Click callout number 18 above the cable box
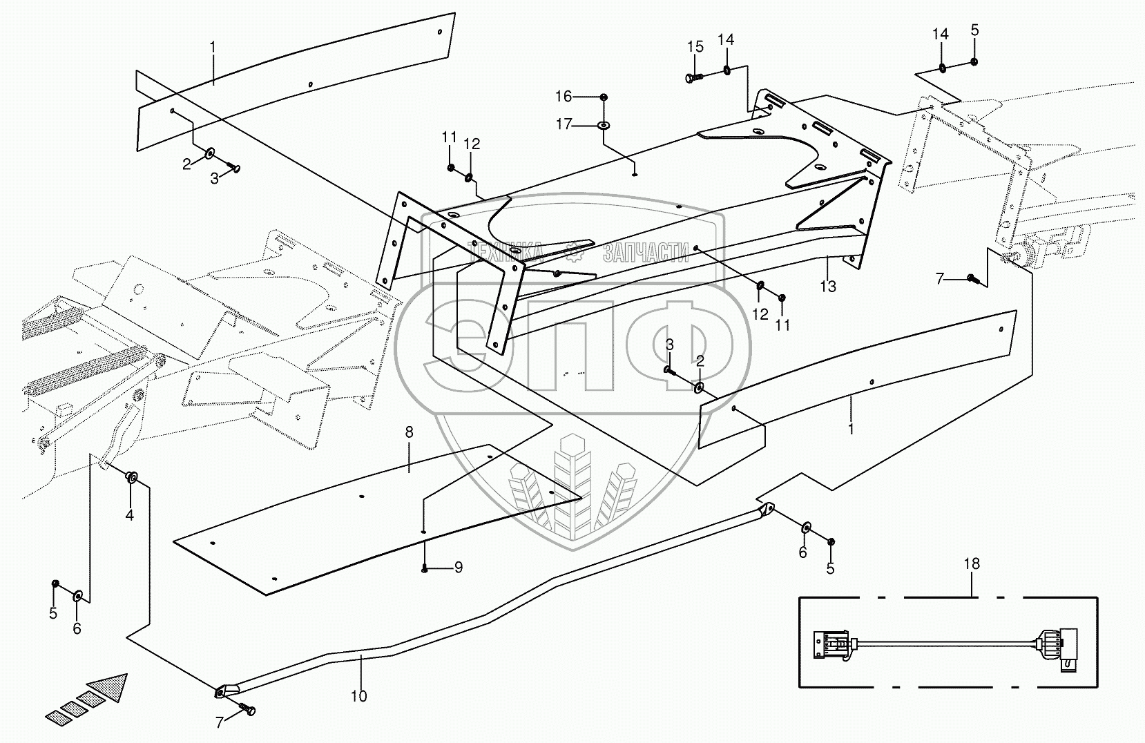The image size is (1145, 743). (x=972, y=563)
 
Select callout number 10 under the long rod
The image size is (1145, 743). (x=358, y=696)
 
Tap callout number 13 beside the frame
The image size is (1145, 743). (x=827, y=286)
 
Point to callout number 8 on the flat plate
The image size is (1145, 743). (x=409, y=432)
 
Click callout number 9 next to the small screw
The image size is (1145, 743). (x=457, y=568)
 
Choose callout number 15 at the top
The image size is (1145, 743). (x=695, y=46)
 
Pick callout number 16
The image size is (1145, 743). (x=564, y=97)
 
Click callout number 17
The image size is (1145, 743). (x=564, y=124)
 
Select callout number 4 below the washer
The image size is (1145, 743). (x=129, y=515)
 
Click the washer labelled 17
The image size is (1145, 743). (x=604, y=125)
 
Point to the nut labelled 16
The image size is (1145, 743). (x=604, y=97)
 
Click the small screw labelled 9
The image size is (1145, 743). (x=425, y=568)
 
